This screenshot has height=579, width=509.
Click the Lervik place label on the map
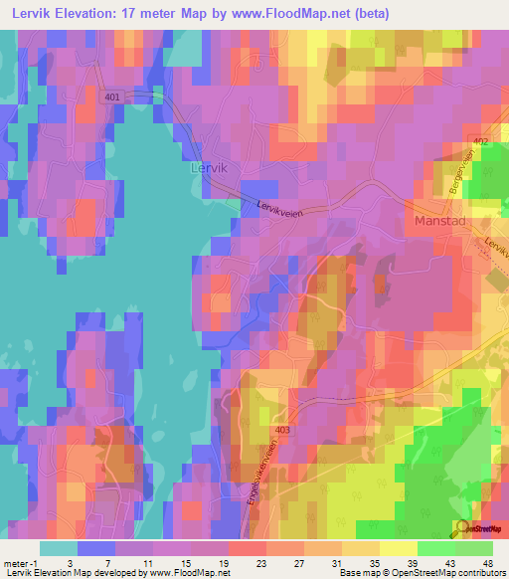pos(208,169)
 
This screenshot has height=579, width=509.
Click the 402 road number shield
pos(481,143)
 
